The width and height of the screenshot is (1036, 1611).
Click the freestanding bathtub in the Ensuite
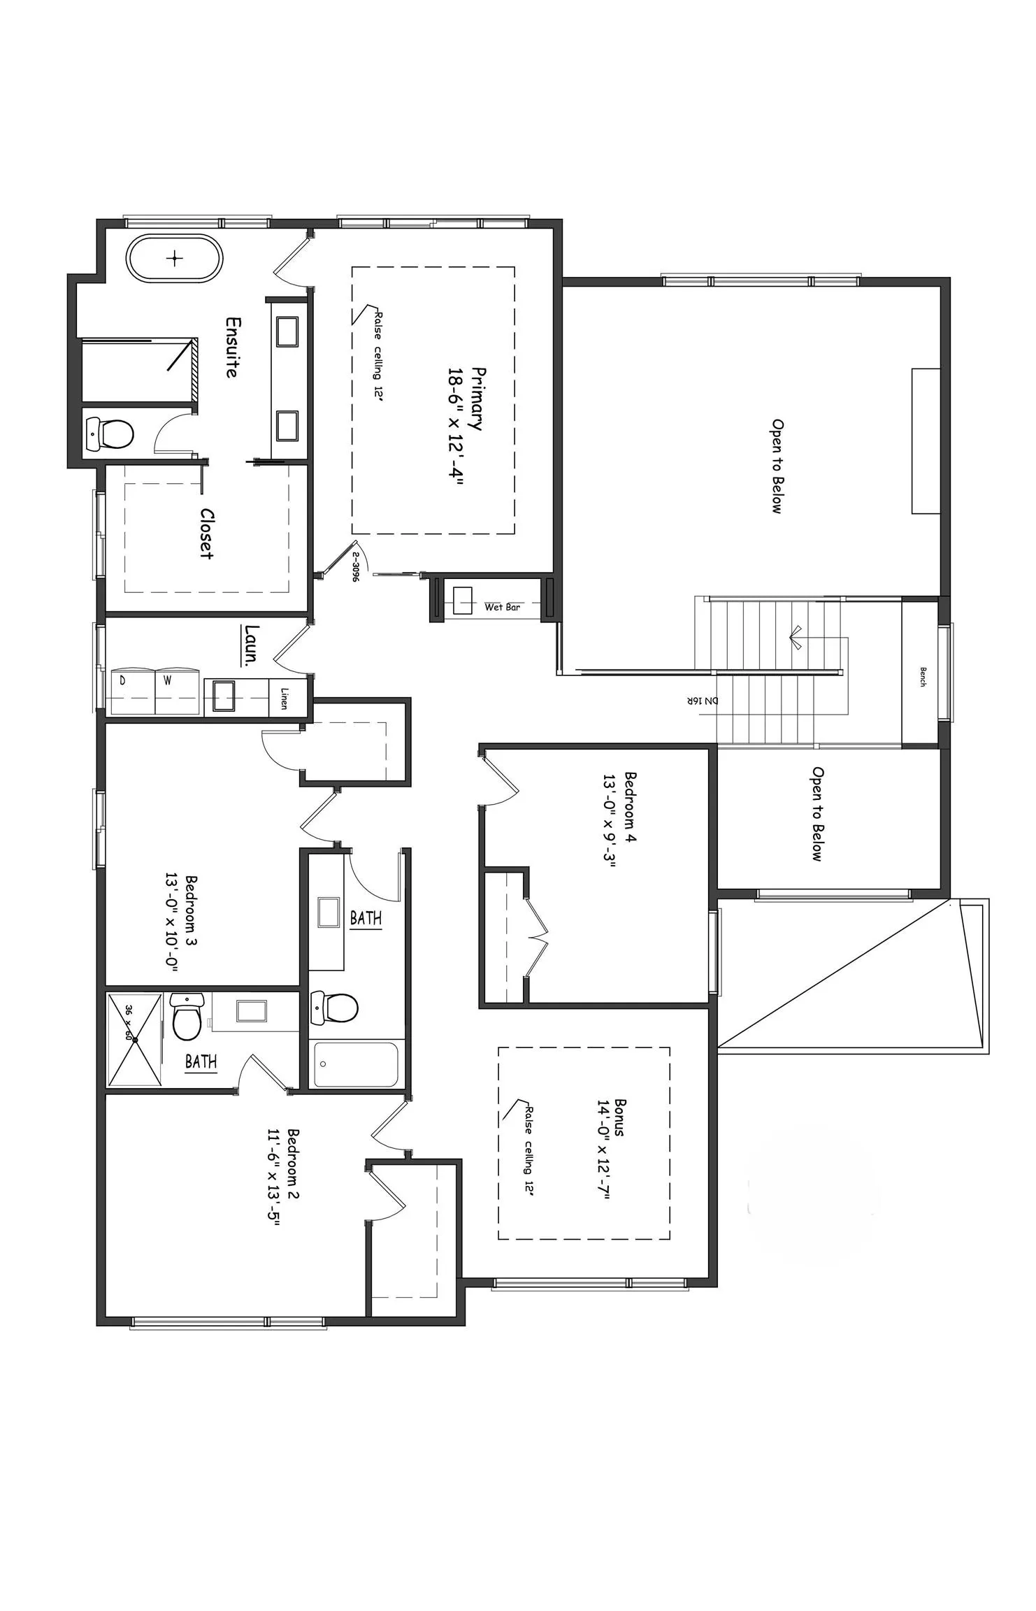point(174,259)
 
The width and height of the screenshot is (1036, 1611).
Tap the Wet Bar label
point(502,607)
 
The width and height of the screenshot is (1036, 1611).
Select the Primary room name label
point(477,399)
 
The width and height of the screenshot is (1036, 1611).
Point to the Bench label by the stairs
point(922,677)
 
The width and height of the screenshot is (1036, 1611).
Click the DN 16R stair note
point(702,701)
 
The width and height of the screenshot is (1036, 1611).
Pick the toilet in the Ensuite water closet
point(110,434)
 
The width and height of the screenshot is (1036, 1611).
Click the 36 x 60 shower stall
point(134,1040)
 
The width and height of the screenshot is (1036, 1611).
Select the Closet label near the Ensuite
point(206,534)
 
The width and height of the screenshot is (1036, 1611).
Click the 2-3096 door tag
point(355,567)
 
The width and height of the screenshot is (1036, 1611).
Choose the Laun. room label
point(252,644)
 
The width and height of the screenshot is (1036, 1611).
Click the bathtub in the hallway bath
point(356,1064)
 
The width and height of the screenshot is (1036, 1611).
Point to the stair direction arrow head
point(795,638)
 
